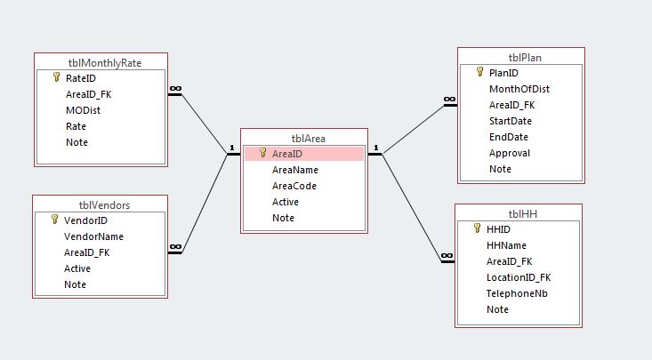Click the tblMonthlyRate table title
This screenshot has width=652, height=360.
click(x=105, y=62)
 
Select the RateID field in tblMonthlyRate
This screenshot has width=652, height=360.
click(x=81, y=78)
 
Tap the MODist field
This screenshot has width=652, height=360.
click(x=83, y=110)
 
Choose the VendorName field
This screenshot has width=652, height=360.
click(x=93, y=236)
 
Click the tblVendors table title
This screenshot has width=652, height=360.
click(x=99, y=204)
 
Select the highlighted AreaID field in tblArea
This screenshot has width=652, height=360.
click(x=287, y=154)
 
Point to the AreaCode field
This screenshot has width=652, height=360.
click(x=294, y=186)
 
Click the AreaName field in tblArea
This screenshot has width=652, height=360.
click(x=295, y=170)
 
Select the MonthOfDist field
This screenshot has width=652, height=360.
click(x=522, y=89)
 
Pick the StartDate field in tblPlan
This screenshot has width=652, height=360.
click(x=511, y=121)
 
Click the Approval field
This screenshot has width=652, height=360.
click(x=510, y=153)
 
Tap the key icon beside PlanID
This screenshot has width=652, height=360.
click(x=480, y=73)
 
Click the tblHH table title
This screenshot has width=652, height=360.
click(x=518, y=213)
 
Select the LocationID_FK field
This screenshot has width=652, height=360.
click(x=519, y=277)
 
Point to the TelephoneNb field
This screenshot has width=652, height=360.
click(x=515, y=293)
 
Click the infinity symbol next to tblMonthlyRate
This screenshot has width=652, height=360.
click(x=175, y=90)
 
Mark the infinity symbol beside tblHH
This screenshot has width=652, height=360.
click(x=447, y=256)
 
